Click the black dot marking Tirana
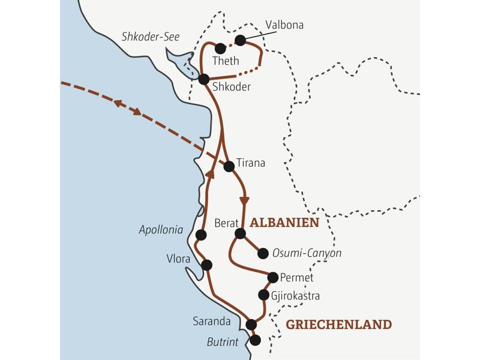[x=229, y=167]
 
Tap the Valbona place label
[x=284, y=25]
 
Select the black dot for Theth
[x=220, y=48]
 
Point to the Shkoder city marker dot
[x=203, y=79]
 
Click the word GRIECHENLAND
[x=338, y=325]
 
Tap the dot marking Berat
[x=240, y=233]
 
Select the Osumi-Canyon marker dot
[x=262, y=253]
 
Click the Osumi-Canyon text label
[x=307, y=253]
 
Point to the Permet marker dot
[x=273, y=277]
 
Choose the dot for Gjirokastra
[x=263, y=295]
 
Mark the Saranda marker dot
[x=251, y=325]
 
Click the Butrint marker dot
[x=255, y=340]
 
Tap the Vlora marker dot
[x=207, y=265]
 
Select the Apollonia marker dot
[x=201, y=235]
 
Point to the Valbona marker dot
[x=240, y=40]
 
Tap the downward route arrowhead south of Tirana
[x=244, y=200]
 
